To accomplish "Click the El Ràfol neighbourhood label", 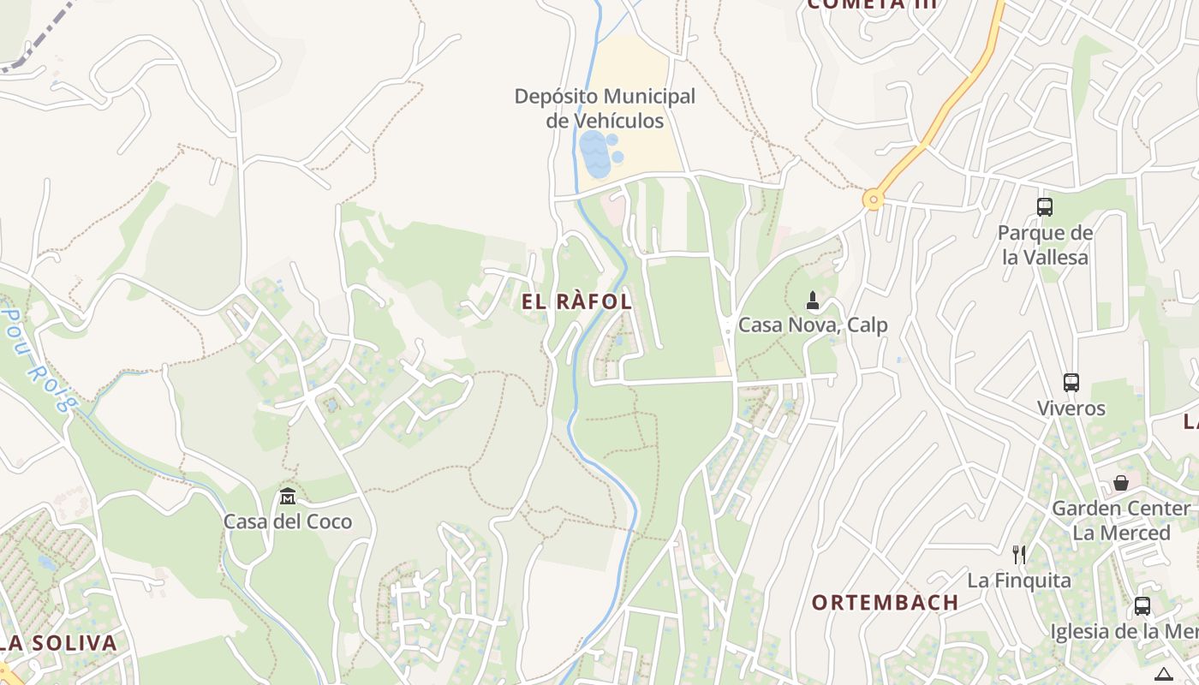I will click(x=576, y=301).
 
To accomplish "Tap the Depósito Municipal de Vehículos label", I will click(x=605, y=109).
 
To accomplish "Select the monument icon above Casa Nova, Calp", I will click(x=813, y=301).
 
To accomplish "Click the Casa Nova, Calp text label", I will click(x=813, y=325).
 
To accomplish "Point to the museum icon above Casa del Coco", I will click(x=288, y=496).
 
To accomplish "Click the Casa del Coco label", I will click(x=288, y=521).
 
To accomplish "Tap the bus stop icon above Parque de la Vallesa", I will click(x=1045, y=206).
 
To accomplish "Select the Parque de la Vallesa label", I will click(x=1045, y=245).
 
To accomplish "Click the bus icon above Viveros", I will click(x=1071, y=383).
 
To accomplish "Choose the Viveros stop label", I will click(x=1071, y=408).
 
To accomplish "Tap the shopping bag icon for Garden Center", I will click(x=1120, y=483).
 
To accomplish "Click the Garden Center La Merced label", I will click(x=1121, y=521).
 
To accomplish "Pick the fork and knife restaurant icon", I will click(x=1019, y=555).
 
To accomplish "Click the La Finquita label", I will click(x=1019, y=581).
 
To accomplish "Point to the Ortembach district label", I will click(x=885, y=602).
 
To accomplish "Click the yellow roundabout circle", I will click(x=873, y=200).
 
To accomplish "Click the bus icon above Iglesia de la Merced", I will click(x=1142, y=606).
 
